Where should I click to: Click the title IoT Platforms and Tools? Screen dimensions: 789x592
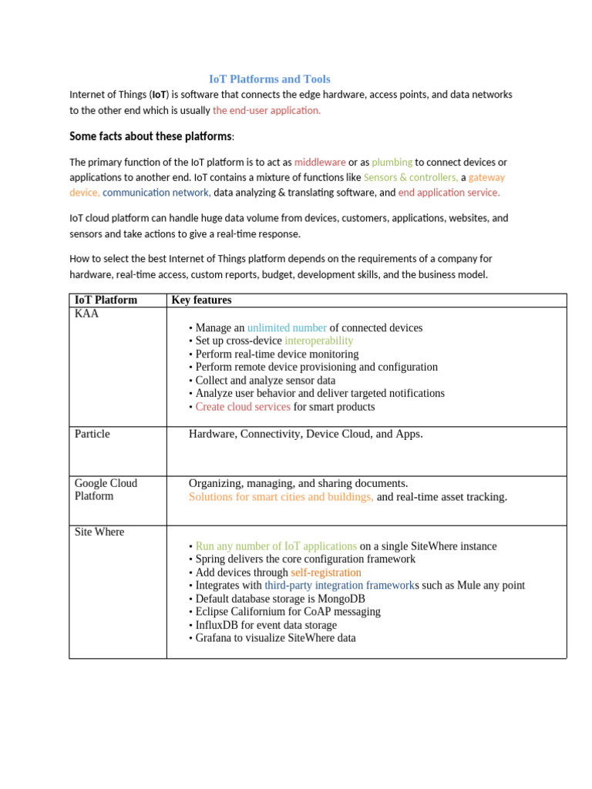[270, 79]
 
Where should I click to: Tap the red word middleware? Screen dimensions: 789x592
[320, 163]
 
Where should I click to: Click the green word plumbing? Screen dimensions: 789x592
[392, 163]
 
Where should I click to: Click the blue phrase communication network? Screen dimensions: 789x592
[156, 193]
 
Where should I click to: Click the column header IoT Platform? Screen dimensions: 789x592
[106, 300]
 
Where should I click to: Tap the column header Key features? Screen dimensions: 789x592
[201, 300]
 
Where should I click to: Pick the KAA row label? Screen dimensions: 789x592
[86, 314]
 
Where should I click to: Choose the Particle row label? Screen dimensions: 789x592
[92, 434]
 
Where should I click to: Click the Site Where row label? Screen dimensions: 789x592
[99, 532]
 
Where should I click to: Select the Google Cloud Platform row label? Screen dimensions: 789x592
[106, 489]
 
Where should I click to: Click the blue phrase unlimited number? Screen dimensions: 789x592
[287, 327]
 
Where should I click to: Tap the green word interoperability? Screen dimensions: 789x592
[319, 341]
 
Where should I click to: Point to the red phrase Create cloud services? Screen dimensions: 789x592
[243, 407]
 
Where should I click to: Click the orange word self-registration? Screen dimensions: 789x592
[325, 572]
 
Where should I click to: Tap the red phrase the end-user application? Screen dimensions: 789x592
[267, 110]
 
